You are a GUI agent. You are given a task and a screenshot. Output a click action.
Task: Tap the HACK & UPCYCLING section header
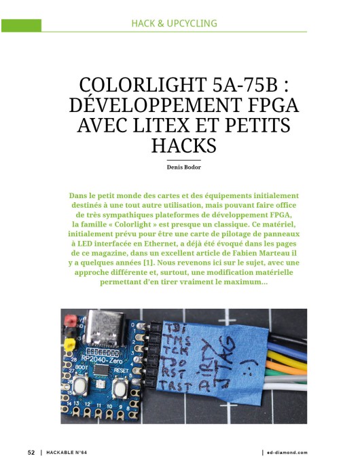coord(175,24)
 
